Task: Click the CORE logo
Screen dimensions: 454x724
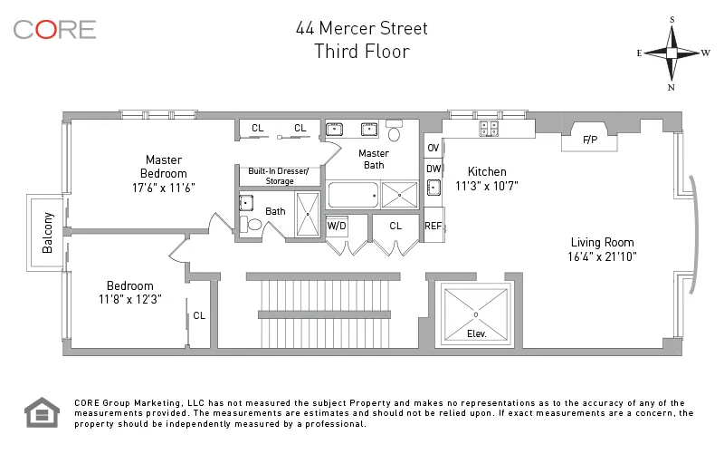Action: [x=54, y=29]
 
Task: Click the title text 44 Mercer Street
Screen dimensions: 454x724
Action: [x=361, y=28]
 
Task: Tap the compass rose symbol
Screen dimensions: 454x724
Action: [x=672, y=53]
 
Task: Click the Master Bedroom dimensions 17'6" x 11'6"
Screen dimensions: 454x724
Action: [x=163, y=188]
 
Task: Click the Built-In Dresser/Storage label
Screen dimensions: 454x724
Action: [x=279, y=176]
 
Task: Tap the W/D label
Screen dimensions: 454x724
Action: [x=337, y=226]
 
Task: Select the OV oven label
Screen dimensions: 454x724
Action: [x=433, y=148]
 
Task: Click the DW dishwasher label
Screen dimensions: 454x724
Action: [x=433, y=168]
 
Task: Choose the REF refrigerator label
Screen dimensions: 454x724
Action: [x=433, y=226]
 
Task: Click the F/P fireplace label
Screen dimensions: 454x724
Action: [x=590, y=140]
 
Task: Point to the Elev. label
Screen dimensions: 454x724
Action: [x=476, y=333]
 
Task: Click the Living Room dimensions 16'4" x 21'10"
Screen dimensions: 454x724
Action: [x=602, y=257]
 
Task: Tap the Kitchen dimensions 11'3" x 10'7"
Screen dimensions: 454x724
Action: [x=486, y=187]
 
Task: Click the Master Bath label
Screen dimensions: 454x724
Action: [x=374, y=159]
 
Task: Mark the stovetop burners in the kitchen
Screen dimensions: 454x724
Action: [x=489, y=129]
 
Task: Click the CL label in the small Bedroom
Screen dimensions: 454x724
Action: [x=199, y=316]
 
